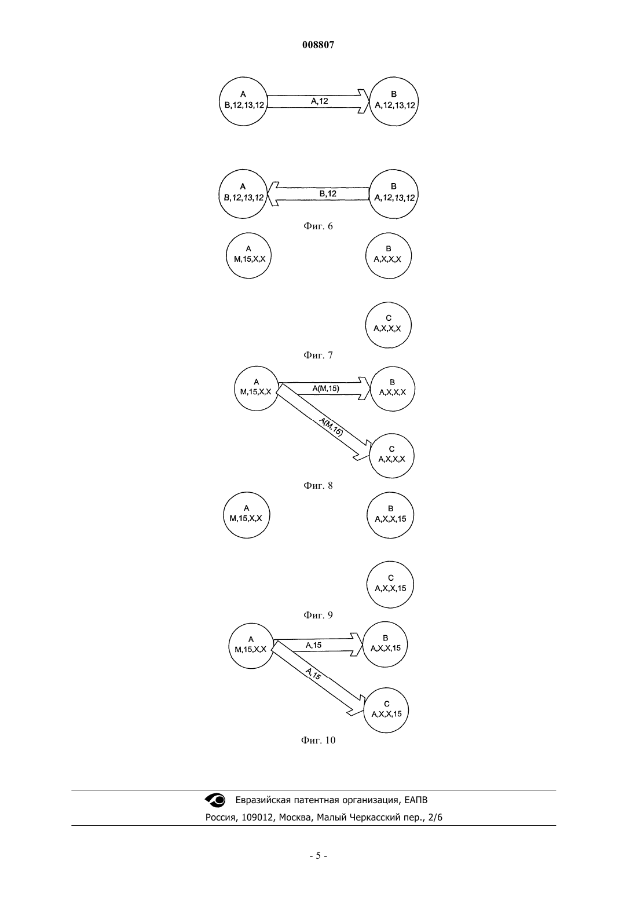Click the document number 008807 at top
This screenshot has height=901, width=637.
[318, 45]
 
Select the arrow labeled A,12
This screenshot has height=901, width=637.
[318, 101]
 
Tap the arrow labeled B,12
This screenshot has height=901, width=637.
[318, 194]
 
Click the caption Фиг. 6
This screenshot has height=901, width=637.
[318, 226]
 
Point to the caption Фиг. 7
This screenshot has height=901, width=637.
[318, 355]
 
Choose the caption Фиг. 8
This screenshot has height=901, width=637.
[318, 485]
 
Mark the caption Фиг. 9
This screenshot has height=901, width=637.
[318, 615]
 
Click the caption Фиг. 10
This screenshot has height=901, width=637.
[318, 740]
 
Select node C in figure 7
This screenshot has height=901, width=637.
[389, 325]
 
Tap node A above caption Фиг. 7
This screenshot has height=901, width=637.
[248, 255]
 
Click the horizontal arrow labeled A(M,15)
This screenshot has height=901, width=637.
[324, 389]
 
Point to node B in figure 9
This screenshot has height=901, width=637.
[390, 515]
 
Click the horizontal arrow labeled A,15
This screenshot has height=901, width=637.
[318, 645]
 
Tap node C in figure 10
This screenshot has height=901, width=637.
[386, 710]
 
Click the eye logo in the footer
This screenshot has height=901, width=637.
[215, 800]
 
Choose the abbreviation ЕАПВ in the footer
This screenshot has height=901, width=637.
[416, 800]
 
